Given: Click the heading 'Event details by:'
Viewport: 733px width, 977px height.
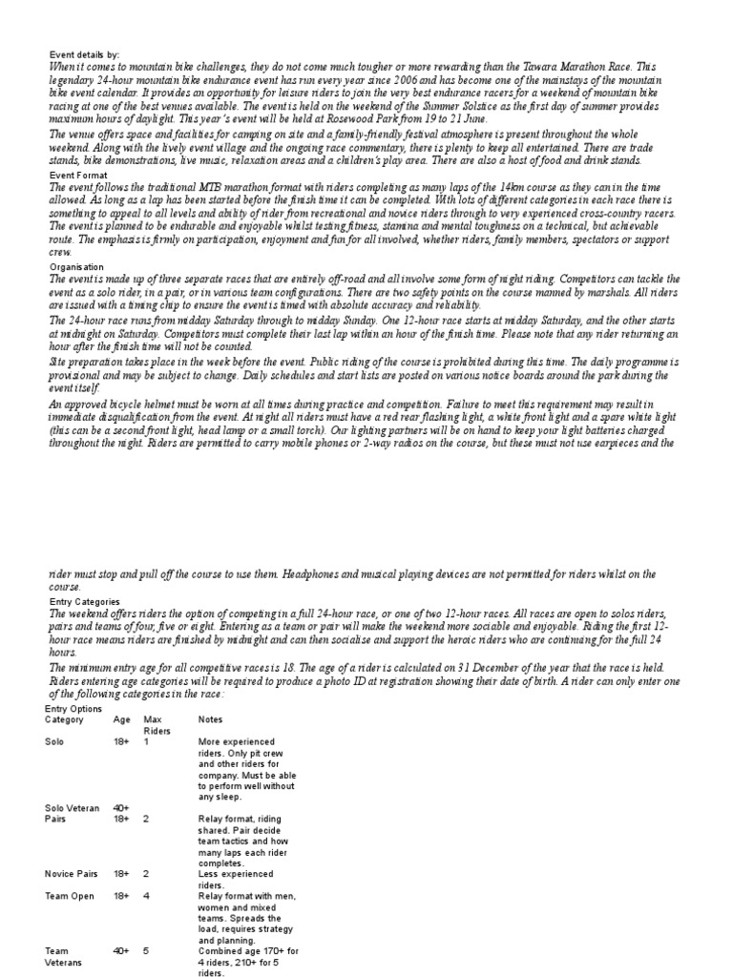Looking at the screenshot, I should point(85,55).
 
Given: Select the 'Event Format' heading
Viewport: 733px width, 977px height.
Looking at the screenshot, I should point(79,176).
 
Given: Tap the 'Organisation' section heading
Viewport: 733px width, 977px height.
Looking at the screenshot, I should point(76,267).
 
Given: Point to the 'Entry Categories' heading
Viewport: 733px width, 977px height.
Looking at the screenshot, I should point(85,602).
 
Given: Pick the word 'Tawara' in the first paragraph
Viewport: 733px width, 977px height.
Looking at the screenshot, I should point(522,68).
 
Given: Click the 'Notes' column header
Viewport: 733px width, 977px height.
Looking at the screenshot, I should point(211,720).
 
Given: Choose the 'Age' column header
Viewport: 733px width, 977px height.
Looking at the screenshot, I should point(121,720).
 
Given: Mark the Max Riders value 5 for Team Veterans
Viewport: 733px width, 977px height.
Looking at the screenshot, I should point(147,951).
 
